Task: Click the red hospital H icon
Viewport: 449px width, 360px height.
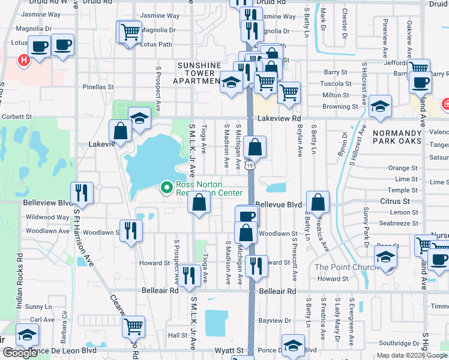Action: (x=23, y=60)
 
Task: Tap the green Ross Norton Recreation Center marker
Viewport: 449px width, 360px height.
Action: (x=167, y=188)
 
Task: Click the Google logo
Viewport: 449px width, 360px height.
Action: (x=20, y=353)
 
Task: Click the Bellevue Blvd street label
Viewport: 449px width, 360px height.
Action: (x=278, y=205)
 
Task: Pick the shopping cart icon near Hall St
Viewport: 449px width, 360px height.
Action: (x=133, y=326)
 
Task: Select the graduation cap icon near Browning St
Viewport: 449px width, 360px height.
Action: (x=380, y=106)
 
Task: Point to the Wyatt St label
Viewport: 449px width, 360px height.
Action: (x=231, y=350)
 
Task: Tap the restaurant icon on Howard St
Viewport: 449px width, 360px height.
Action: (x=256, y=266)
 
